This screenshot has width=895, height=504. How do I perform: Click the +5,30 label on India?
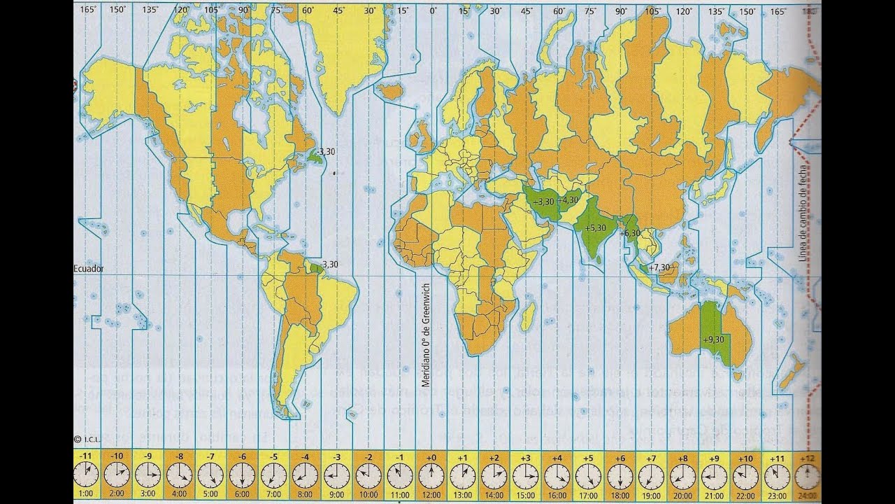click(595, 227)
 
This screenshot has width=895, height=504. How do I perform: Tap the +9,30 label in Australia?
click(714, 339)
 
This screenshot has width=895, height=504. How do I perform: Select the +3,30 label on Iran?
click(543, 202)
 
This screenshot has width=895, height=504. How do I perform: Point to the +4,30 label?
click(569, 199)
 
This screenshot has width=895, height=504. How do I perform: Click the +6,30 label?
click(630, 233)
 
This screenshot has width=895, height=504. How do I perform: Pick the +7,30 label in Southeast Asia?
click(659, 267)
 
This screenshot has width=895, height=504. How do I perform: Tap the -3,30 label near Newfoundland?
click(324, 151)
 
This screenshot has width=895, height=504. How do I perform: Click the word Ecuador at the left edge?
click(89, 268)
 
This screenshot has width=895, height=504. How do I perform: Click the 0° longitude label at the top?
click(434, 10)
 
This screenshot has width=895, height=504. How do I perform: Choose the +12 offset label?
click(807, 457)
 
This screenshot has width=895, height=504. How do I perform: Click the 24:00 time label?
click(807, 493)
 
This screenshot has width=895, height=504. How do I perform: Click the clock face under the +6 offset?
click(619, 476)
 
